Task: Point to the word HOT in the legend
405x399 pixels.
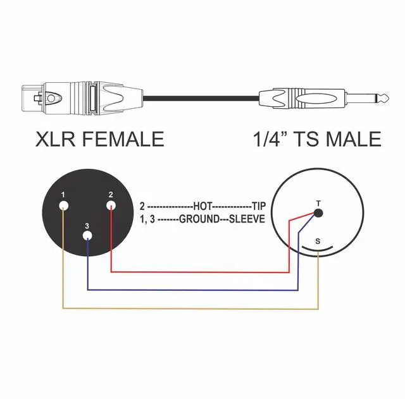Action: (x=203, y=206)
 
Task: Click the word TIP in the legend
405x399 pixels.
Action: (x=259, y=206)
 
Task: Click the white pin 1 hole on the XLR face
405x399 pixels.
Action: (x=63, y=206)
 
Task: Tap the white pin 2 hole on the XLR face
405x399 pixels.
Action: (x=111, y=206)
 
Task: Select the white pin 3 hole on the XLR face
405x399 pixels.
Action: (x=87, y=236)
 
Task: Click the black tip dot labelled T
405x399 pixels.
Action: (x=318, y=212)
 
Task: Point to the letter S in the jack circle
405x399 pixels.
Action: (x=318, y=241)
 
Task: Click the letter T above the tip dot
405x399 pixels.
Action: (x=318, y=203)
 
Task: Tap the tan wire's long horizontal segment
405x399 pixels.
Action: (x=190, y=309)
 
